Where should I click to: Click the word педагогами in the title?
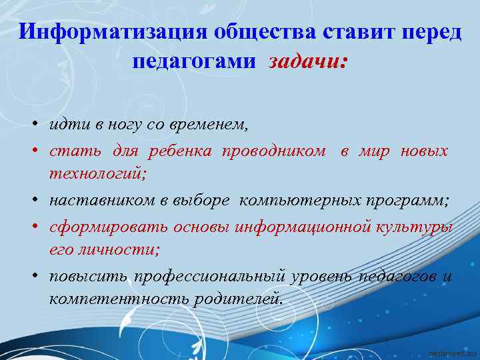point(194,61)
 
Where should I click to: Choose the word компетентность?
point(119,299)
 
